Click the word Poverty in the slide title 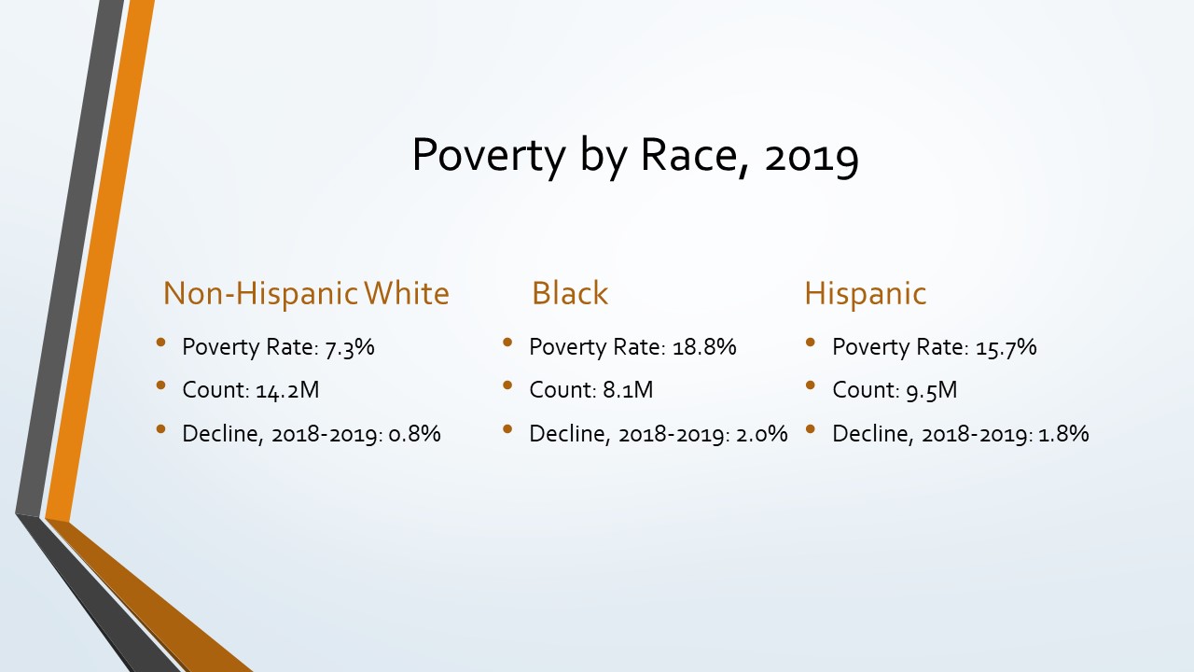[488, 155]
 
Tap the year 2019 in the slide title [812, 155]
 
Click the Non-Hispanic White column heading [306, 293]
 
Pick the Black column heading [570, 293]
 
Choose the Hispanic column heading [865, 293]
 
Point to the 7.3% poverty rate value [350, 347]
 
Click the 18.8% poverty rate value [704, 346]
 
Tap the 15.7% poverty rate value [1007, 347]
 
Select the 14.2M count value [287, 390]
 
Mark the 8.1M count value [628, 390]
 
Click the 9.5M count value [932, 390]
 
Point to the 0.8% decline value [415, 434]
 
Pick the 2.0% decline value [762, 434]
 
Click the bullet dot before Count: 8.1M [507, 385]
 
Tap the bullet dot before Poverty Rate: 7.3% [160, 342]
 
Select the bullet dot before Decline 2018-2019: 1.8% [811, 428]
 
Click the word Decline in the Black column [569, 434]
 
